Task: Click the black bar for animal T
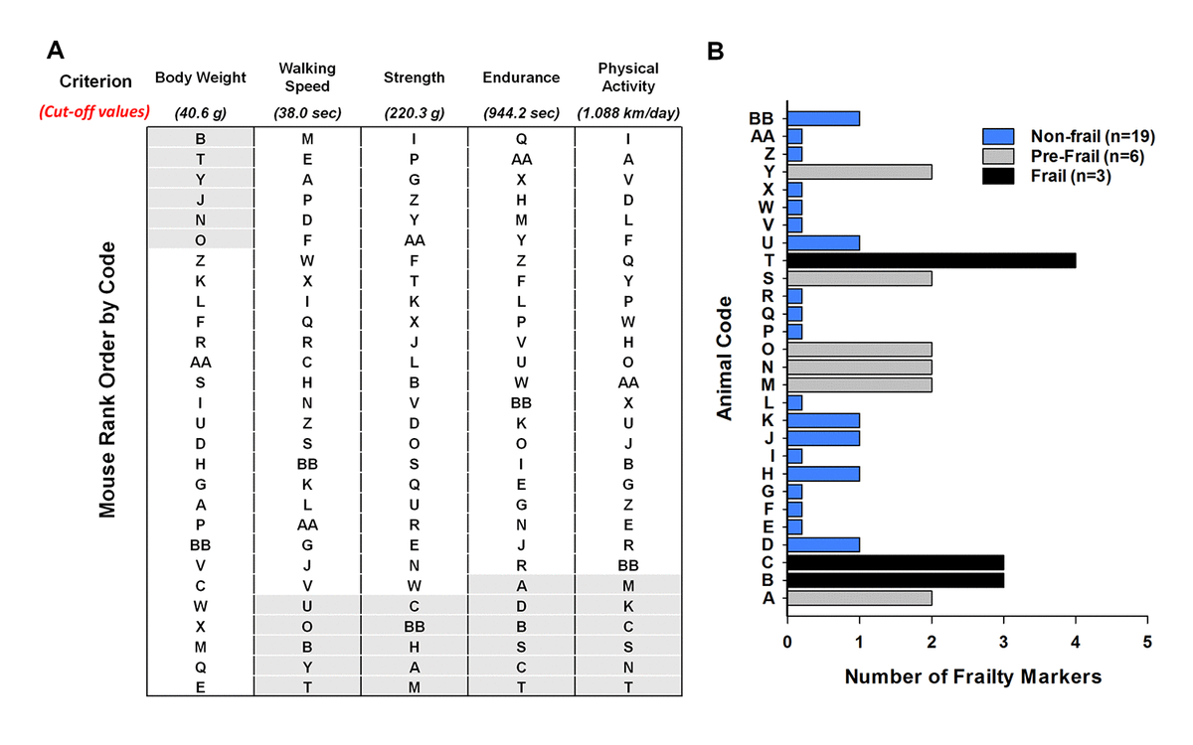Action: (x=932, y=260)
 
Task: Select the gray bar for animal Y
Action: (x=859, y=172)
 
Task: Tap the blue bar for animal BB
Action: (x=823, y=118)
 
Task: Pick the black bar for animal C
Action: (x=895, y=562)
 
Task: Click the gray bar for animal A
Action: (x=859, y=597)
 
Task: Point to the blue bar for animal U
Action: (x=823, y=242)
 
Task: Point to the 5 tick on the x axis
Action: (x=1147, y=644)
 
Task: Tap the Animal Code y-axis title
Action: (x=726, y=358)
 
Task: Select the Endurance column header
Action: (x=520, y=77)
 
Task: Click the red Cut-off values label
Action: (x=94, y=111)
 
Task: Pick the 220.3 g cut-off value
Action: (x=414, y=112)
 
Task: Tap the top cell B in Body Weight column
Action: (x=200, y=138)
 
